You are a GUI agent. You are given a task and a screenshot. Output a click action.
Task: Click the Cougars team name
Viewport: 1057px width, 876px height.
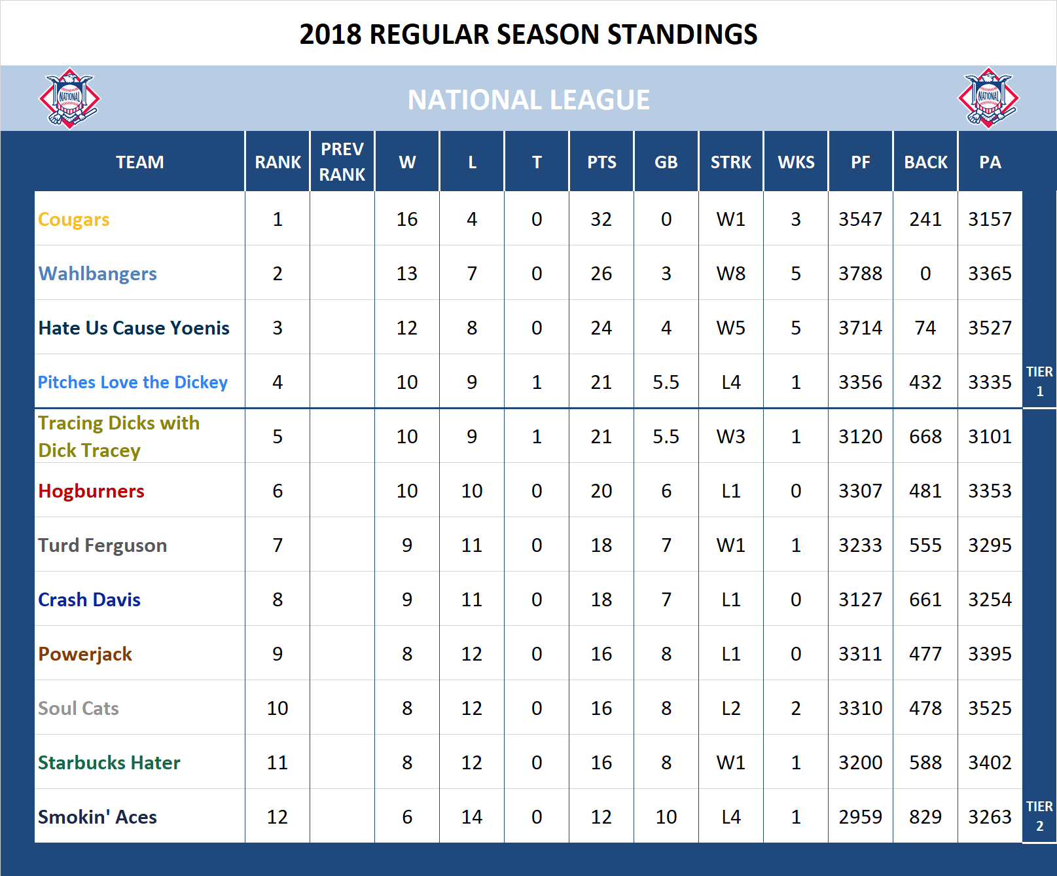73,219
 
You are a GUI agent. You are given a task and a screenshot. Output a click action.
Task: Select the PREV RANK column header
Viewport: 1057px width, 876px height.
342,162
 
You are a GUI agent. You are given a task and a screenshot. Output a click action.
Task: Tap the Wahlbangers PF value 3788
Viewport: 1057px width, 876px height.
860,274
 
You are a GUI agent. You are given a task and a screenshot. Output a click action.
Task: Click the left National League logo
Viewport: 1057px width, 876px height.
69,98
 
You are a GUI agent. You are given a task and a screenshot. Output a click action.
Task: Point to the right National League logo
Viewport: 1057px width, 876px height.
988,98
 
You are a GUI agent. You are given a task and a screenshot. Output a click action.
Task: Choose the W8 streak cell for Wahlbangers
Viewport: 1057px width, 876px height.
730,274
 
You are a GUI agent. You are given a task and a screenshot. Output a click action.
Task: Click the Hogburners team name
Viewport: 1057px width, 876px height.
91,491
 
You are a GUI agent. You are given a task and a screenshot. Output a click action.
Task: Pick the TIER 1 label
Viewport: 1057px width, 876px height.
1039,381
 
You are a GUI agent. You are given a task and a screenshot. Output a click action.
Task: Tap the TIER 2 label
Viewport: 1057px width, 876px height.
1039,816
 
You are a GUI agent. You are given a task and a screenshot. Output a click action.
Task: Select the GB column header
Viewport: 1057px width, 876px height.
666,162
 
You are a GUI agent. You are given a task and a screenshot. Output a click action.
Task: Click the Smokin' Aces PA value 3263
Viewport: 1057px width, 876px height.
990,817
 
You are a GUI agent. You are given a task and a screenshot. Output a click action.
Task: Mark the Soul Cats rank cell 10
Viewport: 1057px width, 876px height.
278,708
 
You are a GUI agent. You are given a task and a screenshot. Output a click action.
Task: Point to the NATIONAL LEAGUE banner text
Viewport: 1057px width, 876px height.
528,100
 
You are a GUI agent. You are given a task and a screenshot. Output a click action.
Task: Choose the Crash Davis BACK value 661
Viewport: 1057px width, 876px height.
925,600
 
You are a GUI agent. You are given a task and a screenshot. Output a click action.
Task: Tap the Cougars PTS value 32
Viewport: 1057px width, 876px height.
601,219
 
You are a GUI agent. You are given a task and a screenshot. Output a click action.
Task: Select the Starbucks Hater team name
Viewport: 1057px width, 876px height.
109,763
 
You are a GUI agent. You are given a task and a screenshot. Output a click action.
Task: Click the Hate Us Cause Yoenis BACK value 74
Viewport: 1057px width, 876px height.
925,328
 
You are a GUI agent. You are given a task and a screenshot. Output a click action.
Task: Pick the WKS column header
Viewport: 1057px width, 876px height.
796,162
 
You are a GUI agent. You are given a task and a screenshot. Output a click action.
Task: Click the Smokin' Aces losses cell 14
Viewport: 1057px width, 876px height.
471,817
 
